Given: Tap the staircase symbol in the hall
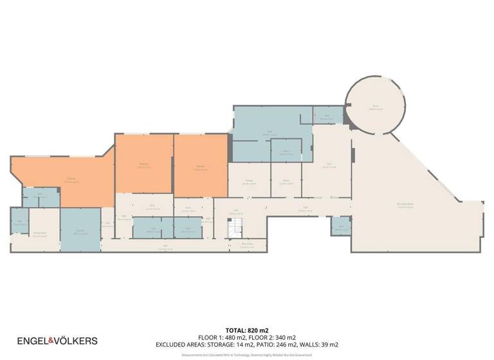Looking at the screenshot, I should tap(235, 227).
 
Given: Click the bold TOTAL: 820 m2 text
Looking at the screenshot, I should tap(247, 330).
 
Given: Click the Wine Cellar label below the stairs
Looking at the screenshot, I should tap(246, 244).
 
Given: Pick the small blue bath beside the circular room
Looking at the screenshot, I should tap(327, 116).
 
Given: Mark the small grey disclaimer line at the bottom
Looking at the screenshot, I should tap(247, 354).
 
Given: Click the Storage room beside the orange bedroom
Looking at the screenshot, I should tap(249, 182).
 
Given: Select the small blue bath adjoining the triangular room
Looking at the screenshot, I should tap(341, 226).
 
